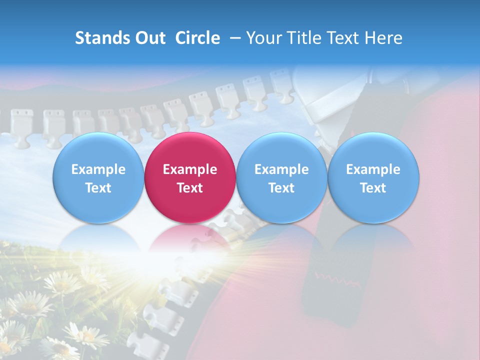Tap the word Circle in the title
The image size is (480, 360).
197,38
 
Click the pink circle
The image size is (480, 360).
190,177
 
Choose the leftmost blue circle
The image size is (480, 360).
98,177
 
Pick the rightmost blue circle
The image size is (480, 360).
373,177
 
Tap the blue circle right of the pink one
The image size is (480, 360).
281,177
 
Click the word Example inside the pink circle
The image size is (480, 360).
190,169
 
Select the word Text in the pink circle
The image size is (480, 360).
190,188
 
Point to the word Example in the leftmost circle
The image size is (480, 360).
98,169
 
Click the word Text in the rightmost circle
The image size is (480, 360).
373,188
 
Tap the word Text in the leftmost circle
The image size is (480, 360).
98,188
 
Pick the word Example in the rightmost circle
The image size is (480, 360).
373,169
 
